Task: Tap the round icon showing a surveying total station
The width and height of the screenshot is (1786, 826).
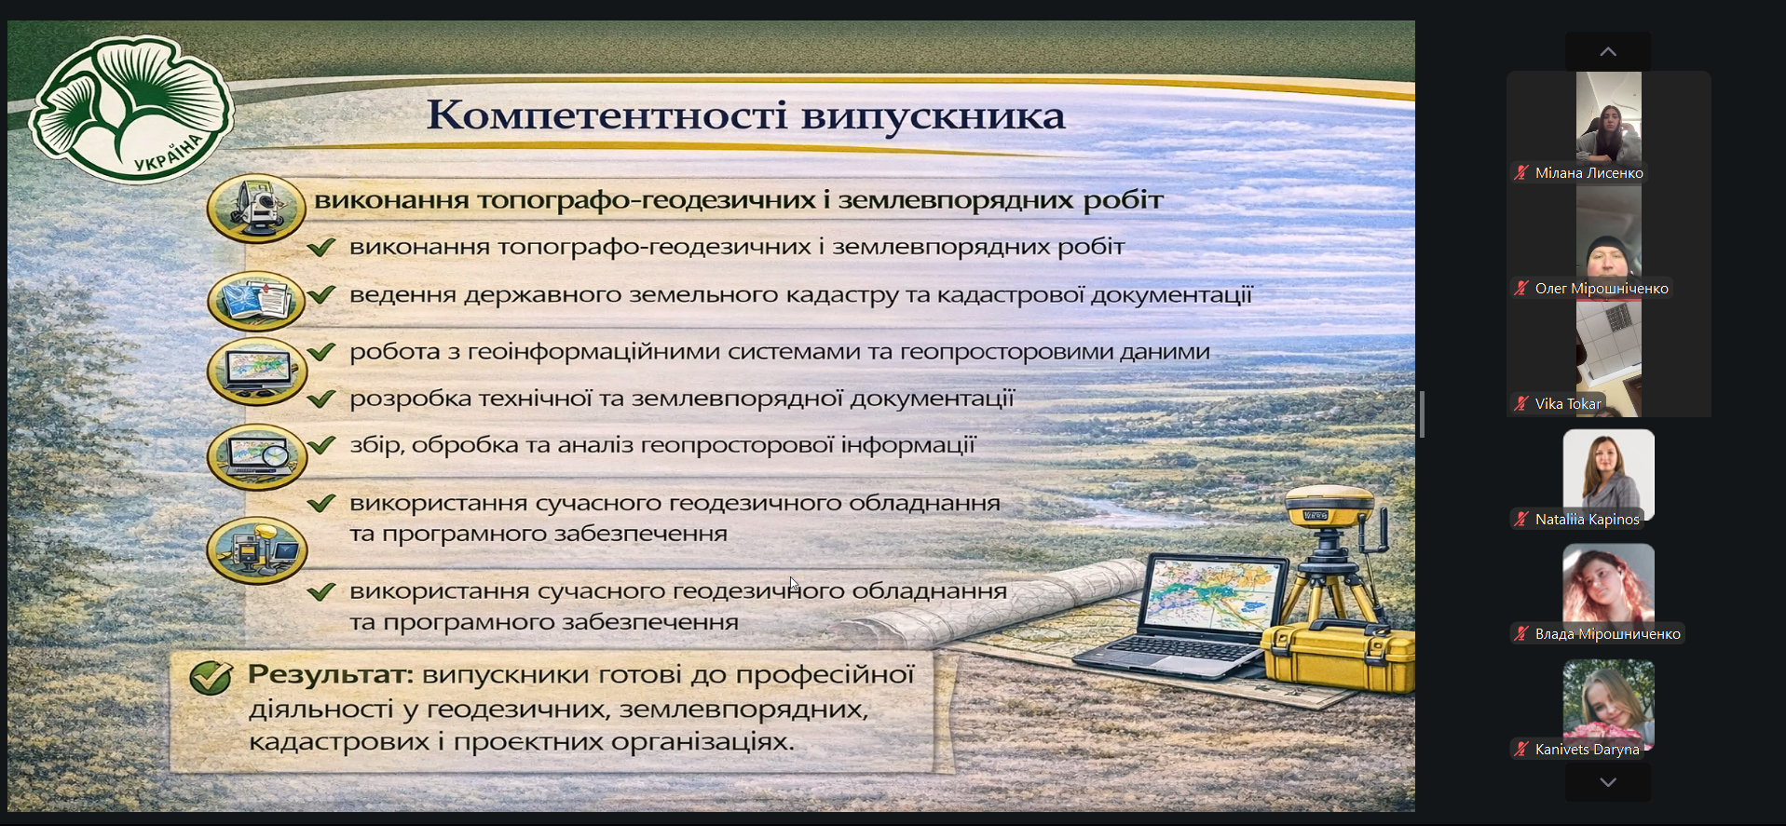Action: click(x=256, y=208)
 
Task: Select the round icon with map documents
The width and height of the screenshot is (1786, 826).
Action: click(x=256, y=301)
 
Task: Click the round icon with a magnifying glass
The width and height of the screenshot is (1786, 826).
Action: click(x=256, y=456)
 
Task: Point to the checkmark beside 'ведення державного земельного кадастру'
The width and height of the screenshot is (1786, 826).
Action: click(x=321, y=294)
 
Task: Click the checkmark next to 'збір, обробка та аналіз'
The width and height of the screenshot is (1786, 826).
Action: click(x=321, y=444)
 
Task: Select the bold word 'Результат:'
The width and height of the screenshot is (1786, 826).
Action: click(x=330, y=674)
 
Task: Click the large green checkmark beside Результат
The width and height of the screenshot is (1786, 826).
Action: click(x=211, y=677)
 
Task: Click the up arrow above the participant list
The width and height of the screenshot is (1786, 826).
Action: click(x=1608, y=51)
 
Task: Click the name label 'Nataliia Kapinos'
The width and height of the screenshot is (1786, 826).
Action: click(x=1587, y=519)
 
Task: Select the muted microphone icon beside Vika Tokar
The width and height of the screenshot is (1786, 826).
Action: click(x=1521, y=403)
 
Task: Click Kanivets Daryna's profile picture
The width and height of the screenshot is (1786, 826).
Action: click(x=1609, y=705)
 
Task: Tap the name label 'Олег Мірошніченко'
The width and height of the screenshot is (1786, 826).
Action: click(x=1602, y=288)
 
